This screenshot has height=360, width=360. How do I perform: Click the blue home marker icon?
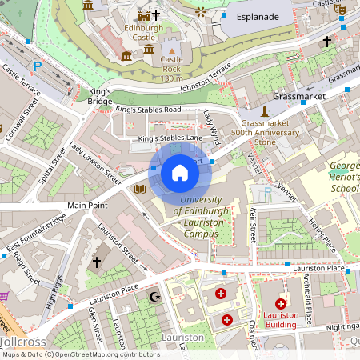[180, 172]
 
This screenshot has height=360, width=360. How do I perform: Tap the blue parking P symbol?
[38, 66]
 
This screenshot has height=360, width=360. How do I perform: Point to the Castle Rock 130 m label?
[172, 69]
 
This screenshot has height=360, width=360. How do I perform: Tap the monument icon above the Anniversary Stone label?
[265, 110]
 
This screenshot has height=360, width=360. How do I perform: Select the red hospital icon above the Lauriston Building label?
[281, 303]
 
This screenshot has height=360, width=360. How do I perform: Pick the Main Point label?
[87, 206]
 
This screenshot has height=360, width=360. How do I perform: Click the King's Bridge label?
[100, 96]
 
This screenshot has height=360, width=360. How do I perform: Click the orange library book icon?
[141, 189]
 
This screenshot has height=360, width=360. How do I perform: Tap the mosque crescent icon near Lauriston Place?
[155, 297]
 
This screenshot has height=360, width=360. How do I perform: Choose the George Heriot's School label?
[345, 177]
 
